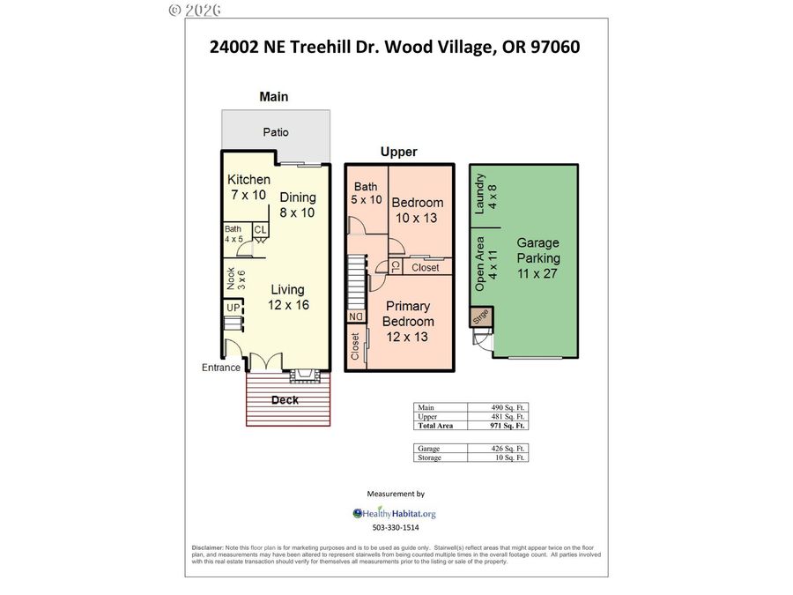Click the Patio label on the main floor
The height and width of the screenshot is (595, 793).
pos(276,132)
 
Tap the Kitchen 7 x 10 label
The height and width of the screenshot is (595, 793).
pos(248,187)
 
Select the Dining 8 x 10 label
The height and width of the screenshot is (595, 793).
pos(298,205)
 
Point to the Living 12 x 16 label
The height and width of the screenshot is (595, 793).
pos(288,297)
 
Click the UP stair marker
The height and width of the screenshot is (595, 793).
pos(233,308)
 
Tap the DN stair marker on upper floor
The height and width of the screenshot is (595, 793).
pos(356,316)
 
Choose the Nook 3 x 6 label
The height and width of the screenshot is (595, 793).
pos(235,279)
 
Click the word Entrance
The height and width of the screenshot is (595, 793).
pos(220,368)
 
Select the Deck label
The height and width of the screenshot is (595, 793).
pos(285,400)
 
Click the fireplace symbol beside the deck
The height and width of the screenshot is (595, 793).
pos(305,376)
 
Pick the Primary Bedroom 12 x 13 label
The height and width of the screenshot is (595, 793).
pos(408,321)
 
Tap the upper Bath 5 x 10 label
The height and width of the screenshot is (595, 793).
pos(367,193)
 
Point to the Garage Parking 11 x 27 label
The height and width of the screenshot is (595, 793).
pos(538,258)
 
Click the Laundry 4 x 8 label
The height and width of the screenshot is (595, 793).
pos(486,194)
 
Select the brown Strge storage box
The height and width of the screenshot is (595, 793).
pos(481,317)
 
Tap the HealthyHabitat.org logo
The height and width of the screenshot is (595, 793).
pos(395,514)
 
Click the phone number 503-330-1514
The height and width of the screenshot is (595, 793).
pos(396,528)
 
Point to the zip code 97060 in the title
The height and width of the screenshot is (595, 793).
pos(555,47)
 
